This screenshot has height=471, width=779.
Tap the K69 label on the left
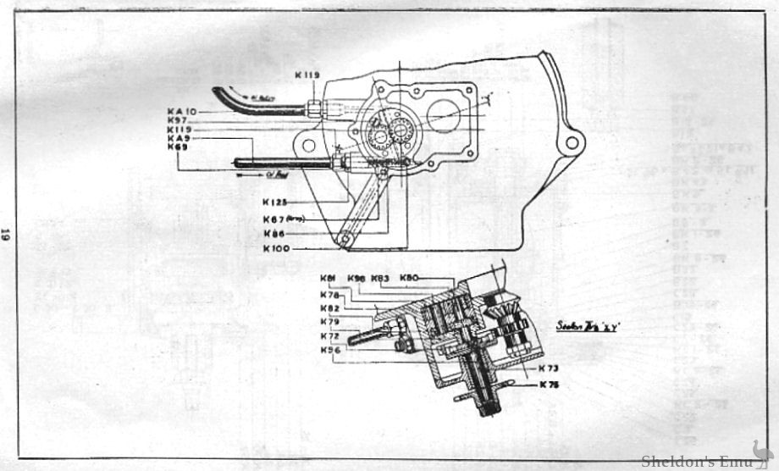(x=178, y=147)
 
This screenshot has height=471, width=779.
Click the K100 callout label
(x=278, y=247)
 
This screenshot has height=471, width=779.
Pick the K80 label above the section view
(x=410, y=278)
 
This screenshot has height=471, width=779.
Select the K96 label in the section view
(x=332, y=351)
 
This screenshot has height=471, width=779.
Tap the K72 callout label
(x=330, y=336)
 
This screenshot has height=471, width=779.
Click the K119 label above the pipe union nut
(x=307, y=75)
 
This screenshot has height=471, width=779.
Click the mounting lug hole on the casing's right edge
(x=572, y=142)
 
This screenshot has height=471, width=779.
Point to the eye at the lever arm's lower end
(x=344, y=240)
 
